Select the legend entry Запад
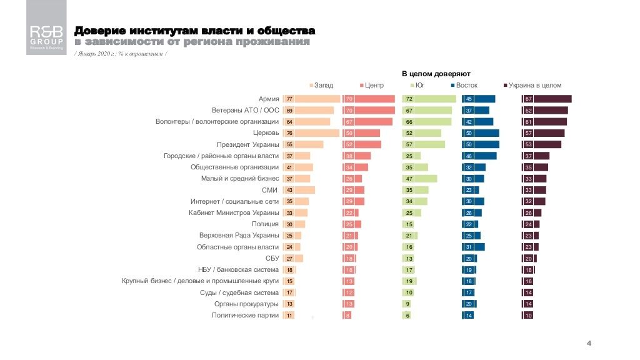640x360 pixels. pyautogui.click(x=321, y=85)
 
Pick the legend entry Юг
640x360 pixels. pyautogui.click(x=417, y=85)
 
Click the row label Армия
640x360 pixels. pyautogui.click(x=268, y=99)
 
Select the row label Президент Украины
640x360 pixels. pyautogui.click(x=247, y=144)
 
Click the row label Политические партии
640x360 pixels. pyautogui.click(x=246, y=316)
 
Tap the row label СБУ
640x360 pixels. pyautogui.click(x=272, y=258)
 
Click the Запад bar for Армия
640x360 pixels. pyautogui.click(x=312, y=99)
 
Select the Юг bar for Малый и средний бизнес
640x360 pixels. pyautogui.click(x=420, y=179)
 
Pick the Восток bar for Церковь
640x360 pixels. pyautogui.click(x=481, y=133)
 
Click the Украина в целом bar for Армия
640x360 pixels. pyautogui.click(x=547, y=99)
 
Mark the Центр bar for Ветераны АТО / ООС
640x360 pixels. pyautogui.click(x=369, y=111)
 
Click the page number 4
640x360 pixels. pyautogui.click(x=589, y=343)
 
